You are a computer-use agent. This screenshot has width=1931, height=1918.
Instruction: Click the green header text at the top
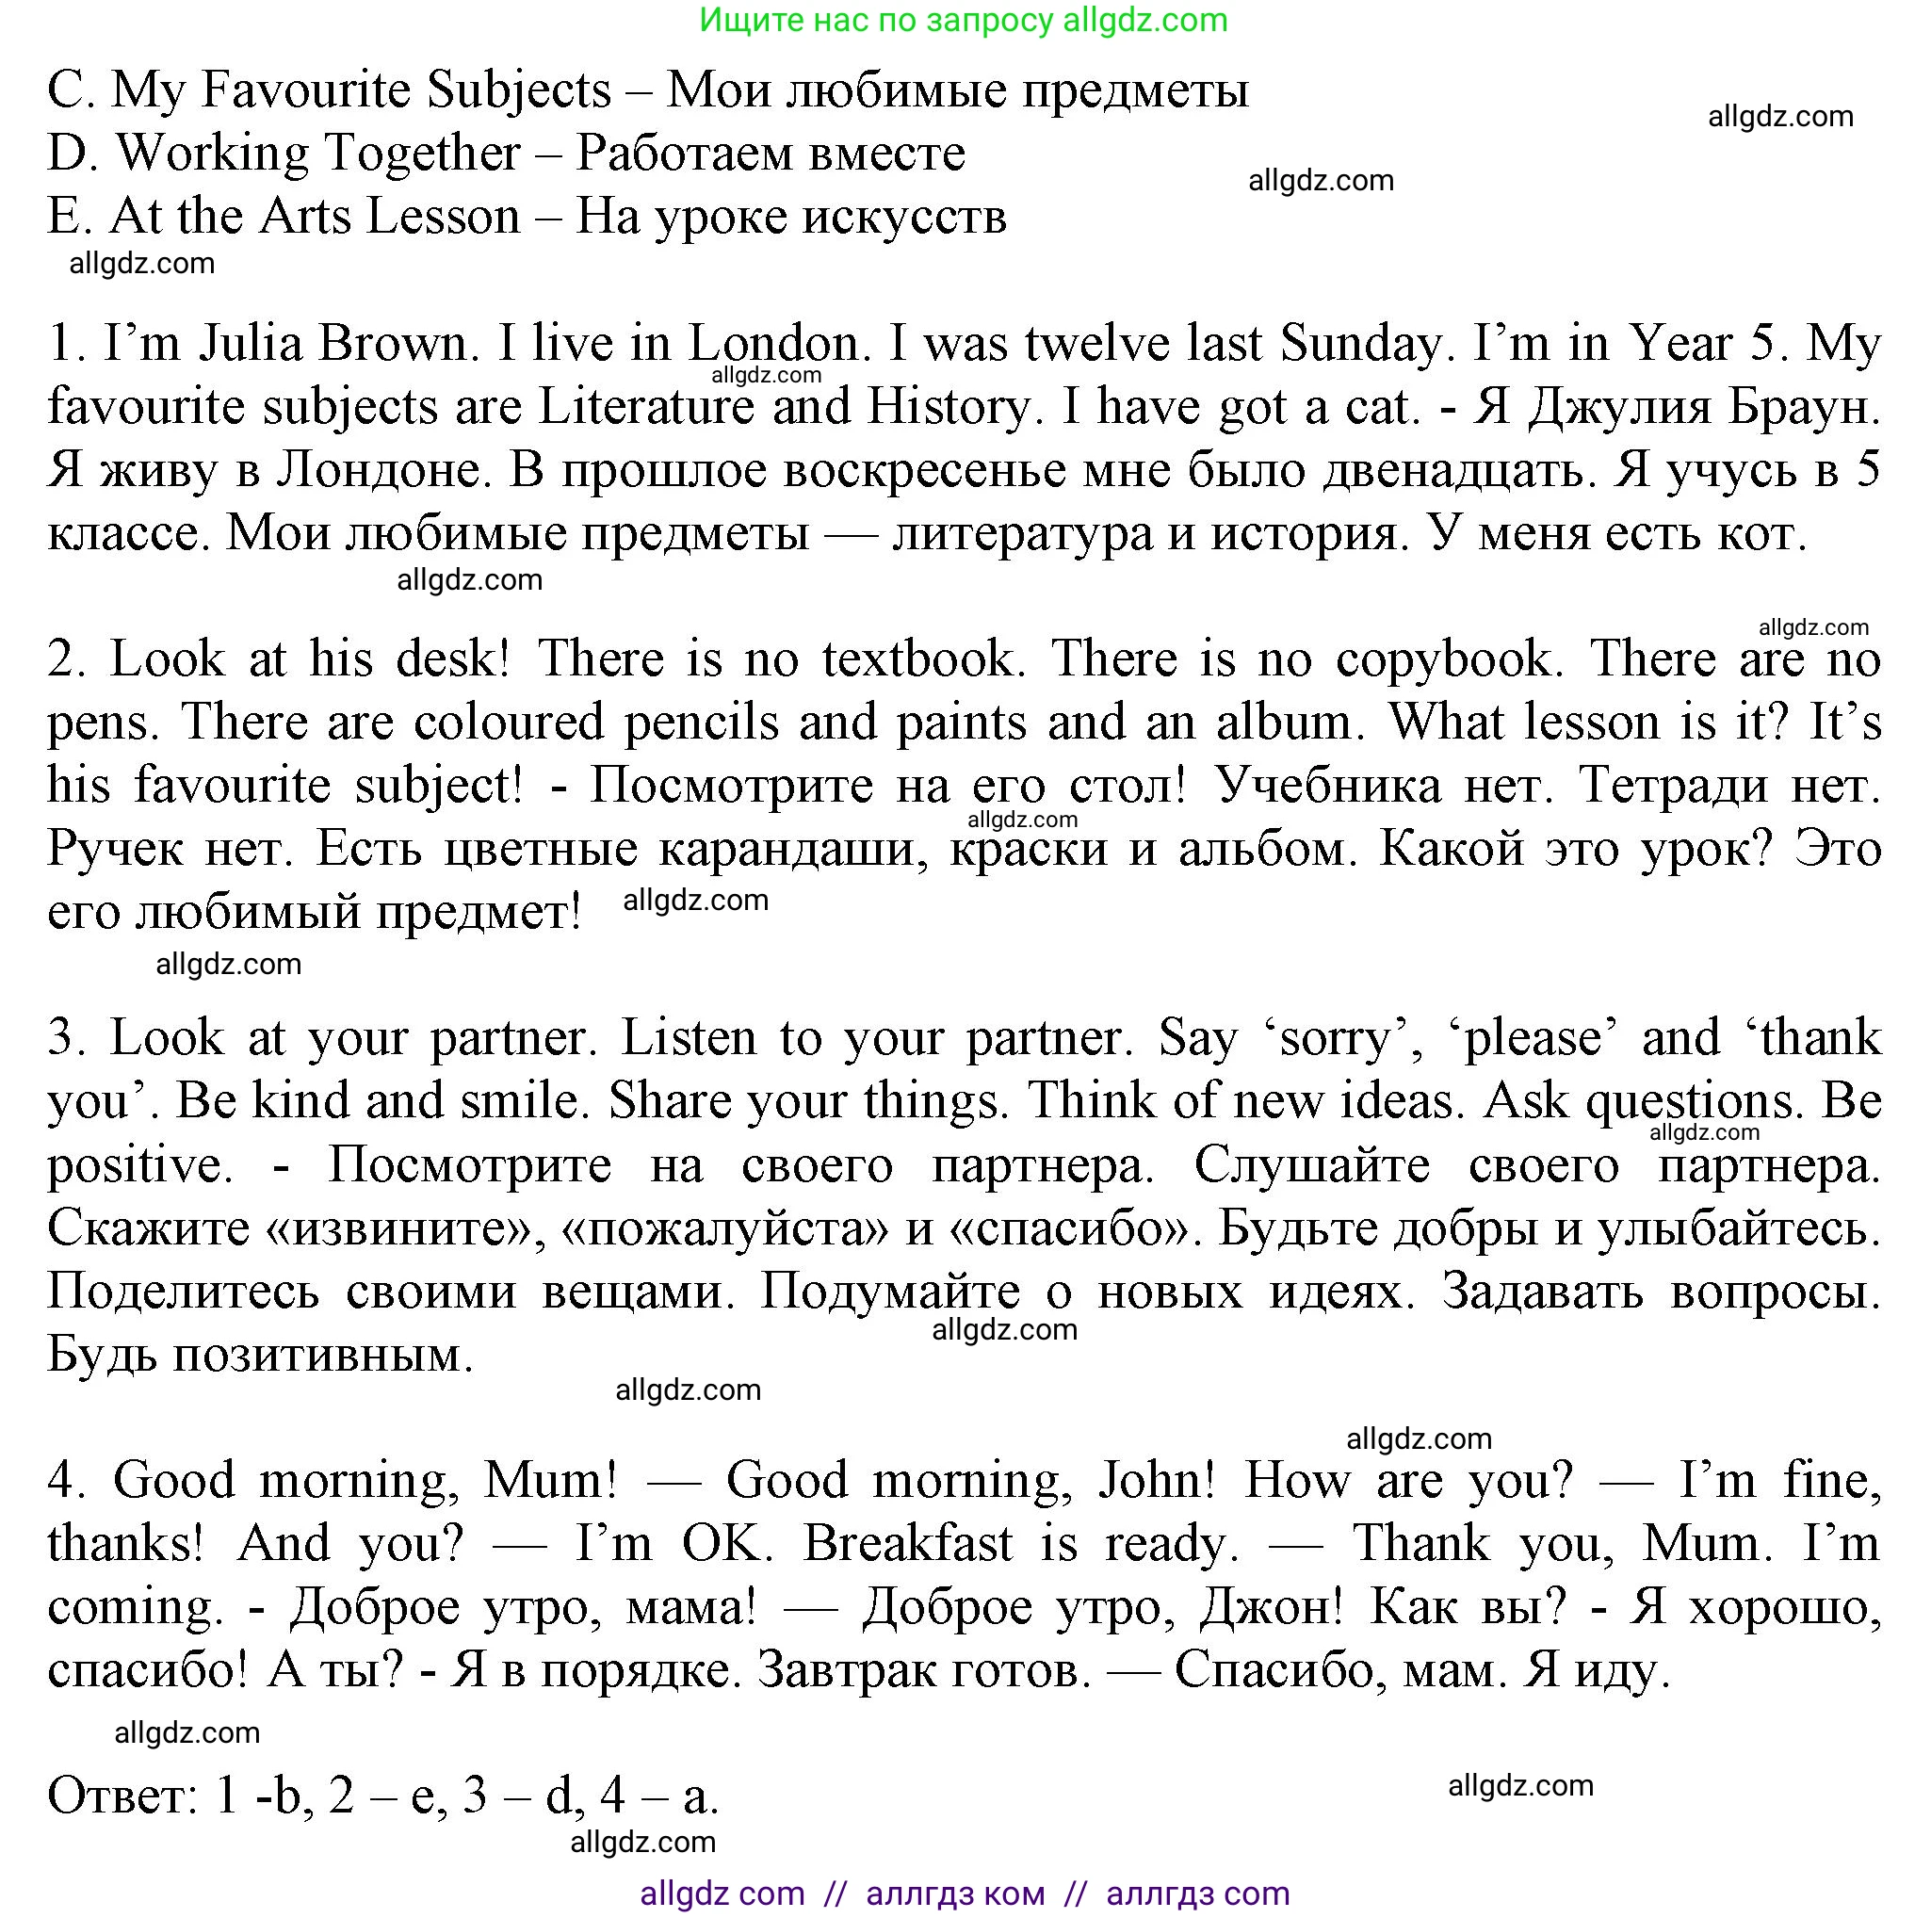(x=963, y=20)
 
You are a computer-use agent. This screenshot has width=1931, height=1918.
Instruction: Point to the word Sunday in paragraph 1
(x=1360, y=344)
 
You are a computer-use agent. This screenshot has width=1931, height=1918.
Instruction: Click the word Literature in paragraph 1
(x=645, y=407)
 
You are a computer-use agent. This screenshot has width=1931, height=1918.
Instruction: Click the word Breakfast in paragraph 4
(x=907, y=1543)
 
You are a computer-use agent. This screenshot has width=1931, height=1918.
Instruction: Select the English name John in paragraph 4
(x=1157, y=1480)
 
